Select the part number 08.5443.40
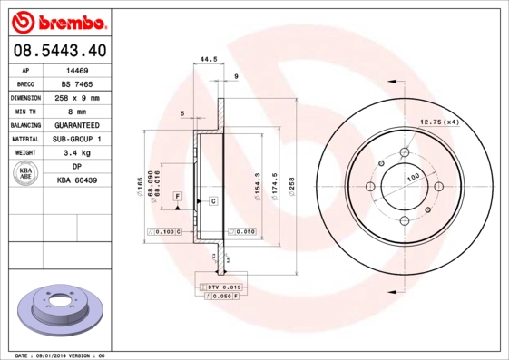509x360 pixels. click(58, 51)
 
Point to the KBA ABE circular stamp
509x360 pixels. click(27, 174)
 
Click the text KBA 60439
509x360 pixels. click(77, 180)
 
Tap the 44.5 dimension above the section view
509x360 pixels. click(208, 60)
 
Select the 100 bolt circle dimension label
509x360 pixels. click(413, 177)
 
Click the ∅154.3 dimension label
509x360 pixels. click(259, 186)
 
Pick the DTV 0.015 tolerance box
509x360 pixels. click(220, 287)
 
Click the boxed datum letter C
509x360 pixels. click(212, 199)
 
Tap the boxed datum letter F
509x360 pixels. click(178, 197)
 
